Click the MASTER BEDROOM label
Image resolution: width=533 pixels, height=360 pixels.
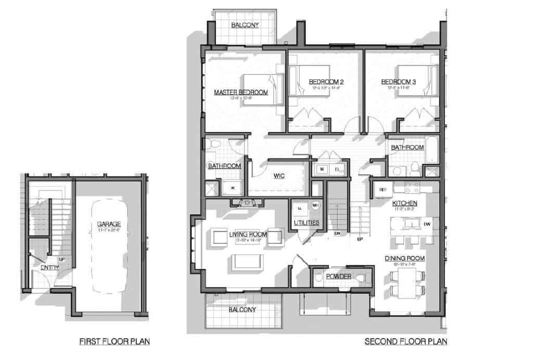[x=241, y=93]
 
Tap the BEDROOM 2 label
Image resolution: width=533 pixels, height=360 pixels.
[x=326, y=82]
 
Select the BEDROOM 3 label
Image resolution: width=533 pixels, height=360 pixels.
[x=398, y=82]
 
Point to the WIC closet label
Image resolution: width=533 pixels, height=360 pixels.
[x=278, y=176]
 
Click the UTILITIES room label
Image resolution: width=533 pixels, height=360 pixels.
[x=306, y=223]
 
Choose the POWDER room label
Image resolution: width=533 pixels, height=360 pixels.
[x=338, y=276]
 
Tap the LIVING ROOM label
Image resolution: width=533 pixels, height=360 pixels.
[x=248, y=235]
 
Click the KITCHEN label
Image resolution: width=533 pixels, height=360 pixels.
[x=404, y=202]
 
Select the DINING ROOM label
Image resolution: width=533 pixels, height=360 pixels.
[x=405, y=258]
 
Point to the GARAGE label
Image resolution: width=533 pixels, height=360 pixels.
[x=109, y=225]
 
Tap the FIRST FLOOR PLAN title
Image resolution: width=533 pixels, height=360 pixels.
[x=115, y=342]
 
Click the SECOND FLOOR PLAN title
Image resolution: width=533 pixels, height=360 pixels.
[x=405, y=342]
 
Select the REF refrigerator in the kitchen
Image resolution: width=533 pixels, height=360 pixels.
[x=382, y=190]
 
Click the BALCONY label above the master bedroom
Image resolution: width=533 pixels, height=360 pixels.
[x=245, y=25]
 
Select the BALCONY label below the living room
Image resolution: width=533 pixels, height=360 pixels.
[x=242, y=310]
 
